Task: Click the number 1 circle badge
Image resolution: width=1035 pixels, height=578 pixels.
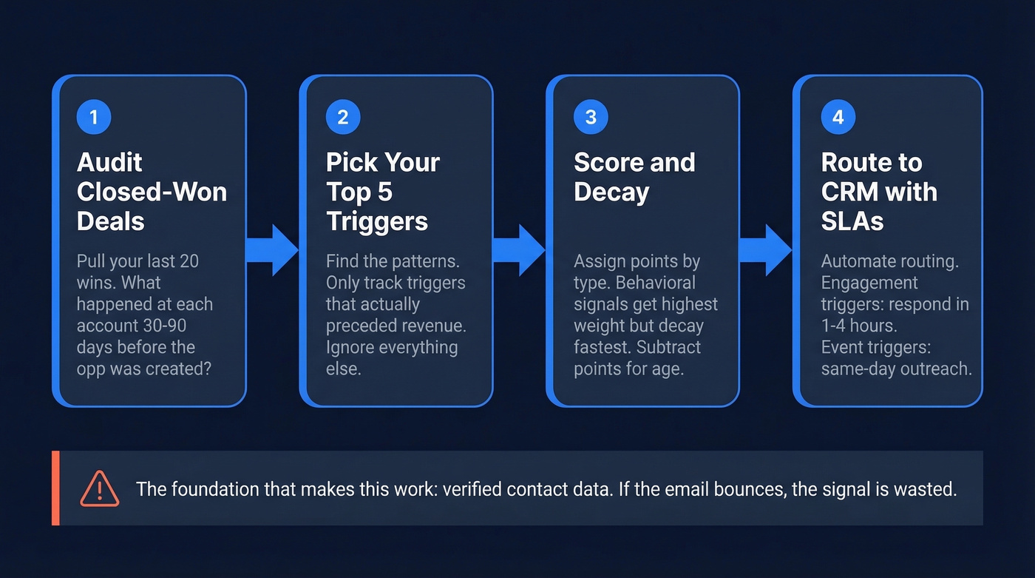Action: point(93,117)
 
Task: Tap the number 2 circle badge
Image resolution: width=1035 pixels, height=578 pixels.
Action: point(342,117)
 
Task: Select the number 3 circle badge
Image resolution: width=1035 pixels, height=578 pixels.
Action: point(590,117)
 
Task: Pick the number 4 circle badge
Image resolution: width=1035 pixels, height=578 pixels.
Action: point(838,117)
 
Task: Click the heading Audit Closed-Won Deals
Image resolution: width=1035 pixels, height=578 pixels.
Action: point(152,192)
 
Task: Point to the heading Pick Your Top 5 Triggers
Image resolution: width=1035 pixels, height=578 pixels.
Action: point(383,192)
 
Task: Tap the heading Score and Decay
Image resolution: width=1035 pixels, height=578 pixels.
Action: point(634,177)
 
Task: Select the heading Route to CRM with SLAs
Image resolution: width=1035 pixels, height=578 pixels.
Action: point(879,192)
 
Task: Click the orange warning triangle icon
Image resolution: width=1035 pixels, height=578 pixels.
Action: point(99,489)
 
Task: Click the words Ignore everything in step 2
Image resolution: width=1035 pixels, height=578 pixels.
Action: point(392,347)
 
